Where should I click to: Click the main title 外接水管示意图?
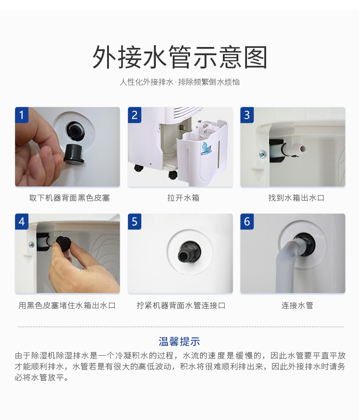180,57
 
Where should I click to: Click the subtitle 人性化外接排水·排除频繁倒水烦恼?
180,83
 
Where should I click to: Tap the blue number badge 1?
22,114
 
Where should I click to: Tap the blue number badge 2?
134,114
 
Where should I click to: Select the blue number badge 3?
247,114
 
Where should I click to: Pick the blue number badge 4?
22,222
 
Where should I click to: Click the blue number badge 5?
134,222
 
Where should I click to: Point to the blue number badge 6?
247,222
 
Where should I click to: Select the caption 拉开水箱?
180,198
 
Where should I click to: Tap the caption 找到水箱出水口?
293,198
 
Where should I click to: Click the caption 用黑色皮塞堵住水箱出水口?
67,306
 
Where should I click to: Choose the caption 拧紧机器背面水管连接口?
180,306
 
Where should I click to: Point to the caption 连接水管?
293,306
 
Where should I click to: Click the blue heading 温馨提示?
180,342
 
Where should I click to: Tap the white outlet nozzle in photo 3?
301,148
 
